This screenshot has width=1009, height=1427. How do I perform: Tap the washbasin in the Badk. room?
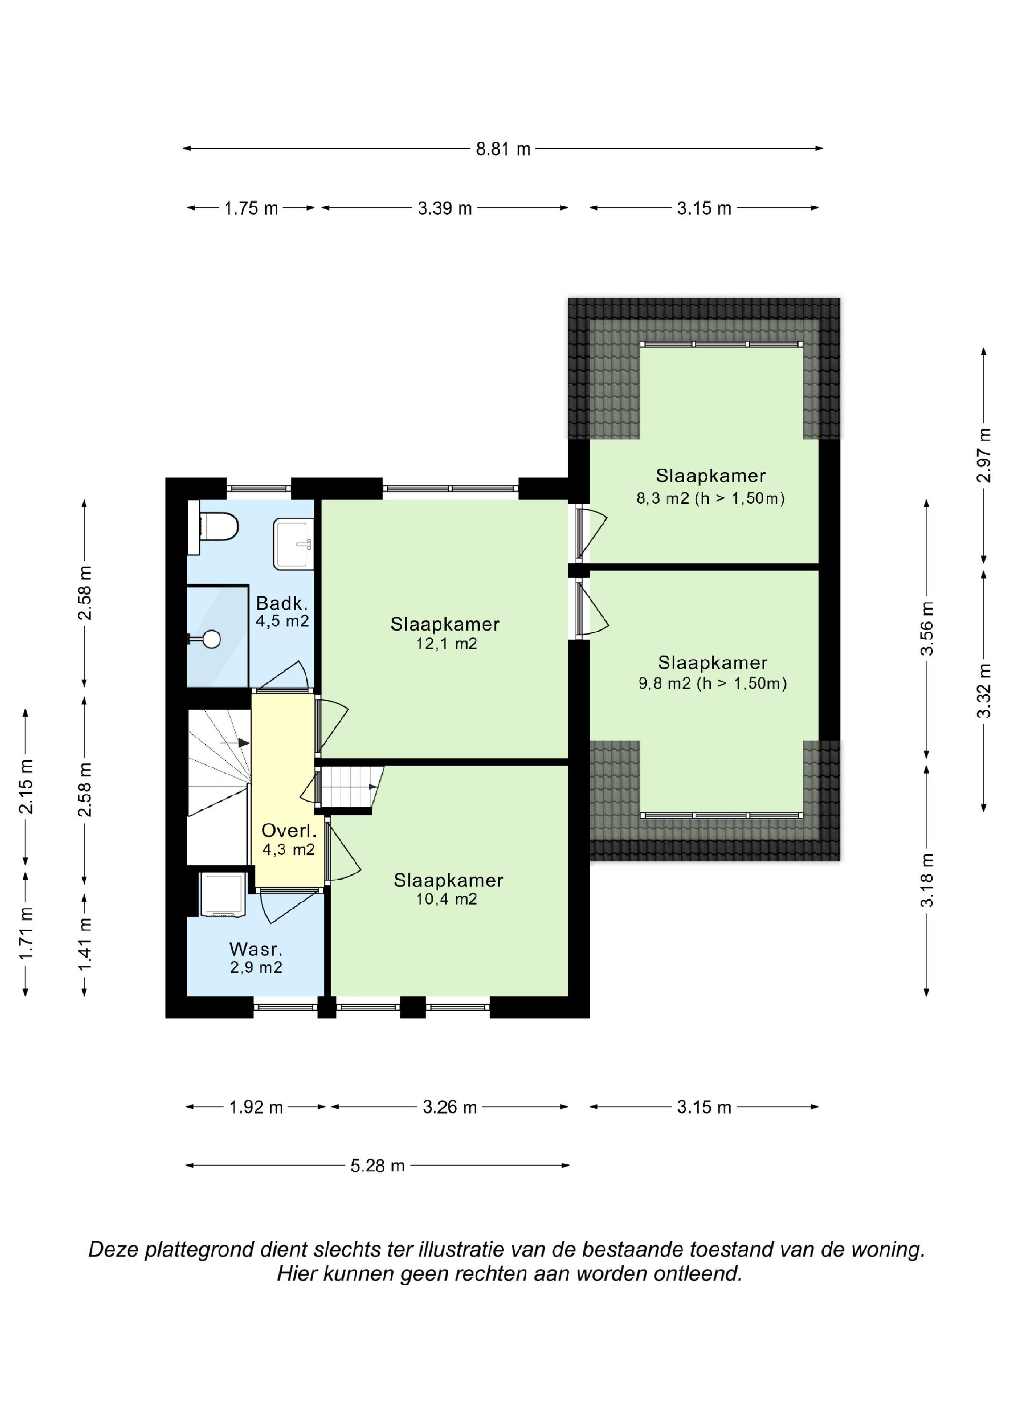click(x=293, y=545)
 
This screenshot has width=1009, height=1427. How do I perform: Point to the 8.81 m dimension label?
click(x=503, y=149)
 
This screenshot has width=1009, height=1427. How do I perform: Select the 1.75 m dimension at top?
click(x=251, y=208)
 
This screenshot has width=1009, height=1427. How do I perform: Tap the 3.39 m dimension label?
click(x=445, y=208)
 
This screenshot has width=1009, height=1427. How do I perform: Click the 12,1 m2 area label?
click(x=447, y=643)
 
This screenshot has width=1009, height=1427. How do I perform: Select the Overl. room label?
click(x=289, y=831)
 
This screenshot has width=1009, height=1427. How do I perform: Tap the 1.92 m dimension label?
click(x=256, y=1107)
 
